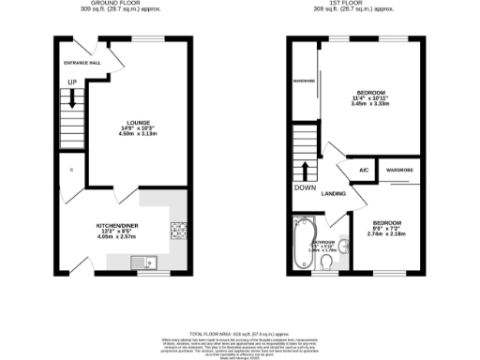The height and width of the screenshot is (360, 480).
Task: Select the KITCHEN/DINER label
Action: [x=119, y=226]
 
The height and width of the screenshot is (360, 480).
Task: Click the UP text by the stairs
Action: [x=71, y=82]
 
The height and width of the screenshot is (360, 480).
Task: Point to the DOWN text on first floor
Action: [x=305, y=187]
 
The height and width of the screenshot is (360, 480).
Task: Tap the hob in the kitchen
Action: [x=177, y=231]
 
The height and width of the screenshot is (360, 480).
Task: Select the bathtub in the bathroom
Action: [x=305, y=240]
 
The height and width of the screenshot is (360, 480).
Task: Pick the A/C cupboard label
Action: [x=363, y=170]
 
